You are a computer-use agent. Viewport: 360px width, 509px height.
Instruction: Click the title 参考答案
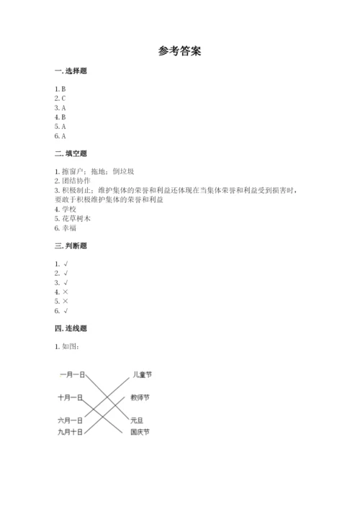click(179, 51)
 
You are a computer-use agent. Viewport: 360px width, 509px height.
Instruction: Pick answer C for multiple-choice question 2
click(63, 98)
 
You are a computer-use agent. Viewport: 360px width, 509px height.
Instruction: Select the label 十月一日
click(71, 397)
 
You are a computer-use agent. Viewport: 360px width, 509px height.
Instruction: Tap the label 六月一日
click(71, 420)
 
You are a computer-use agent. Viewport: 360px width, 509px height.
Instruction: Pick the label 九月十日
click(71, 432)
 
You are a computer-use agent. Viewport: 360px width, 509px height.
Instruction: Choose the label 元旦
click(137, 420)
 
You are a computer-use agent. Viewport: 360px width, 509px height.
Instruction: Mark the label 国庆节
click(140, 432)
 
